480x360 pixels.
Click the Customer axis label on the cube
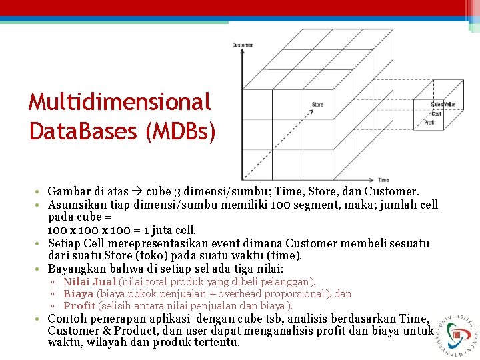[x=242, y=45]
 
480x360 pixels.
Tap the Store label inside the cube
[x=317, y=104]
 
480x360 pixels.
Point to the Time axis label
[x=383, y=180]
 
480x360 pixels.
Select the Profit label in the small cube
[x=430, y=123]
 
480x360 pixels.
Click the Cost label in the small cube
[x=436, y=114]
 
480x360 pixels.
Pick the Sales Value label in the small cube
[x=443, y=104]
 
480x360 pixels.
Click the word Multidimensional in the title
[x=120, y=102]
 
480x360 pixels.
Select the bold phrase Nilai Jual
[x=89, y=282]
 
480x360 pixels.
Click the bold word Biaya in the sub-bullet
[x=78, y=294]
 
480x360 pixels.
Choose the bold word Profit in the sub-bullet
[x=79, y=306]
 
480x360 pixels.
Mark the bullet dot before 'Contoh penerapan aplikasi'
[x=41, y=319]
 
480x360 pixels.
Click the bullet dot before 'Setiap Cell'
[x=41, y=243]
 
